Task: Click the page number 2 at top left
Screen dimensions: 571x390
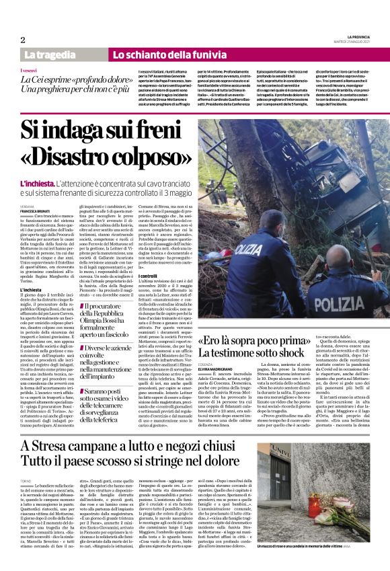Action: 23,40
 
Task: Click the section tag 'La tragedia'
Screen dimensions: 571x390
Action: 49,54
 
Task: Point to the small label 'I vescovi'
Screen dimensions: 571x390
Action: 30,70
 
